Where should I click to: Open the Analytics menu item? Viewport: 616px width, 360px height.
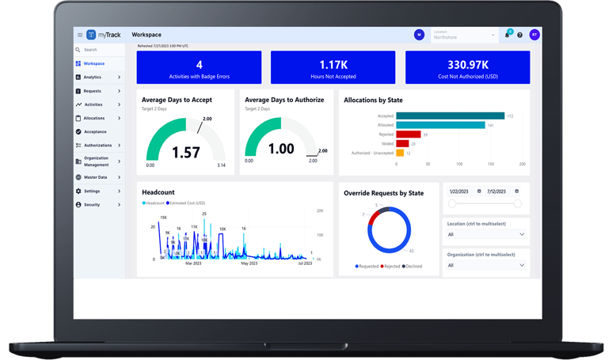click(93, 78)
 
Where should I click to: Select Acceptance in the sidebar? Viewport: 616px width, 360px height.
click(95, 132)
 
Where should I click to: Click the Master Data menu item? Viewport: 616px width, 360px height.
click(96, 177)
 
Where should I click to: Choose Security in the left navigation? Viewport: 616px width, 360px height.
click(92, 205)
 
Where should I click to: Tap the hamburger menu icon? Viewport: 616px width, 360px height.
click(80, 35)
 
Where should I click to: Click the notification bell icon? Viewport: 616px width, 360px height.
click(507, 35)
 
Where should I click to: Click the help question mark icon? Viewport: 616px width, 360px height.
click(520, 35)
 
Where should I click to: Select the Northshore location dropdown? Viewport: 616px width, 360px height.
click(464, 36)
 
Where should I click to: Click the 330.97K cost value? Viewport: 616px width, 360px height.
click(467, 64)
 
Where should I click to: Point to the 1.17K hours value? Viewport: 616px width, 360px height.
click(333, 64)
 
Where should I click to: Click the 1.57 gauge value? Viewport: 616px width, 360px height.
click(186, 153)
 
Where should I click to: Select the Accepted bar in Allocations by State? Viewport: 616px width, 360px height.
click(450, 116)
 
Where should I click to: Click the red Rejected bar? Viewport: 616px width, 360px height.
click(408, 135)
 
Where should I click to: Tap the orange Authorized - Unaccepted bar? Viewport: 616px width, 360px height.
click(400, 153)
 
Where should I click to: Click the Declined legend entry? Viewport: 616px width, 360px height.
click(413, 267)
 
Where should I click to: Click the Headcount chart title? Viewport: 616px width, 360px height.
click(158, 192)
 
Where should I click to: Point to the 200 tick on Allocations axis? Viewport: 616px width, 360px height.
click(523, 165)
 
